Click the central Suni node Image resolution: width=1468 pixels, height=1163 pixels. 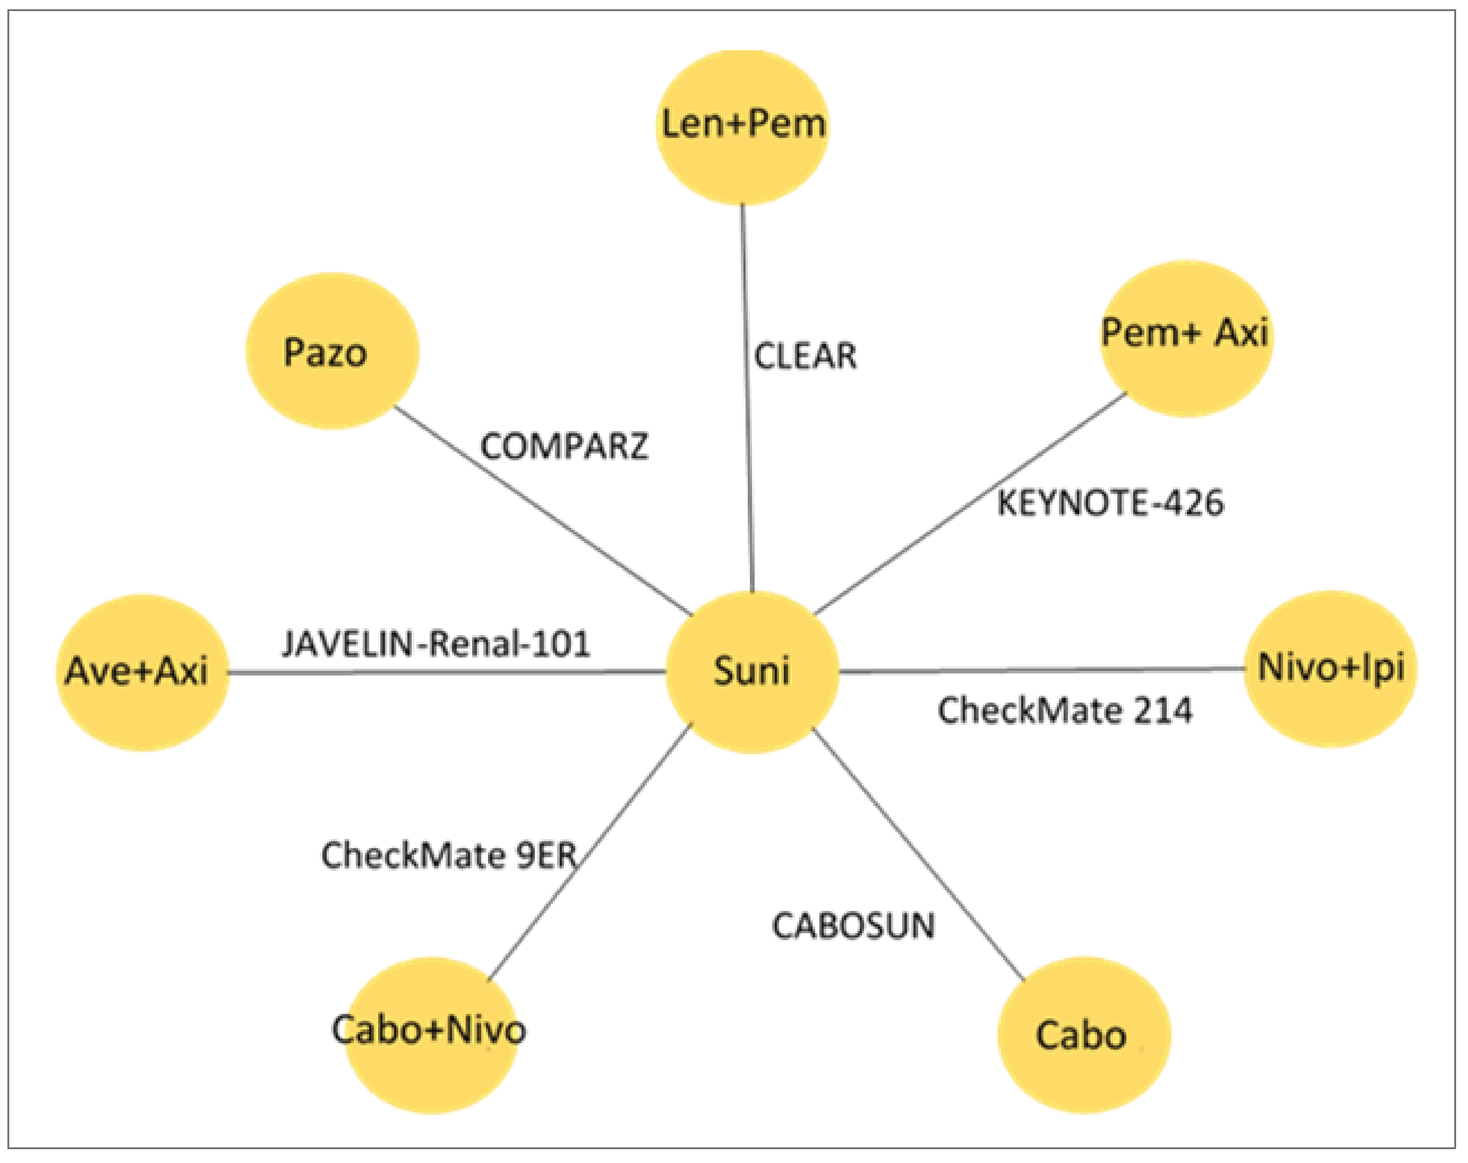(751, 671)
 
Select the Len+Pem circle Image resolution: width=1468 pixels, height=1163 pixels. (743, 127)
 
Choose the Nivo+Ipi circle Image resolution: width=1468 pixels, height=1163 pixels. (1329, 669)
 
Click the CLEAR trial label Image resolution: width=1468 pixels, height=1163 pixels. (805, 356)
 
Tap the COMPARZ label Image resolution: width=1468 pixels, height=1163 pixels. (564, 447)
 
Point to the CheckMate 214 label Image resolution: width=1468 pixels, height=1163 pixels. (1065, 711)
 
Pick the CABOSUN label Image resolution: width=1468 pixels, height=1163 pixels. (853, 926)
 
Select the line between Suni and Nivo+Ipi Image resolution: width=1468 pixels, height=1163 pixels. (1041, 671)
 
